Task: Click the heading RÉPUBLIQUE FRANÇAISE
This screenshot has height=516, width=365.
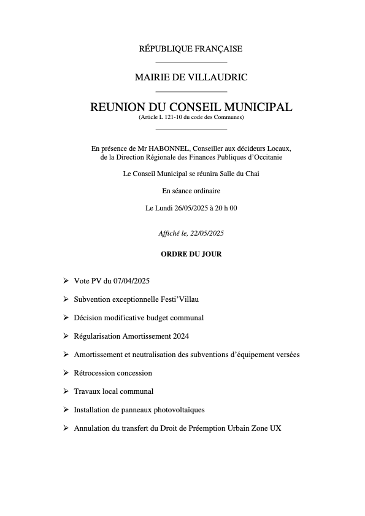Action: coord(191,49)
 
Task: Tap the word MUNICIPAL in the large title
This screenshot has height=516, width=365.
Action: coord(253,107)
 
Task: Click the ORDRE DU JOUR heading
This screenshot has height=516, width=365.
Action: coord(191,253)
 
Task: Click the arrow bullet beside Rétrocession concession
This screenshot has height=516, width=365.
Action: coord(66,373)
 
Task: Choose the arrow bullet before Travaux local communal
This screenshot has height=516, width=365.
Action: coord(66,391)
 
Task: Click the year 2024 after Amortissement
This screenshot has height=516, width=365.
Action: coord(180,336)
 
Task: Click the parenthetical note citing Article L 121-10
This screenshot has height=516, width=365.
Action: coord(191,117)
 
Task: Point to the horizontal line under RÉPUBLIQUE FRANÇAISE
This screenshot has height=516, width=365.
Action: coord(191,63)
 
